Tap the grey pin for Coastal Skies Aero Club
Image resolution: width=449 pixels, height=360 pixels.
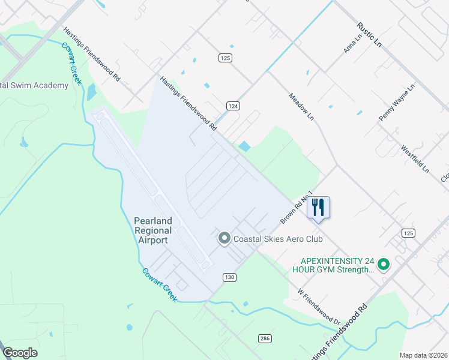[x=224, y=239]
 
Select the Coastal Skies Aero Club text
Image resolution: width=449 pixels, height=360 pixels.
[x=278, y=239]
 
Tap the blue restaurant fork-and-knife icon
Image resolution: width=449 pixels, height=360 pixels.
[x=319, y=208]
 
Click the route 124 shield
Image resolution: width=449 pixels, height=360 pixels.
[x=234, y=106]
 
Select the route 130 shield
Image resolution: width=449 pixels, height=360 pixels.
[x=229, y=277]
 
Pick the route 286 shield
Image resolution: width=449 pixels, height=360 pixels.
[x=265, y=338]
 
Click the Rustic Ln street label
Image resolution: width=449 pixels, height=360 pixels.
[x=369, y=35]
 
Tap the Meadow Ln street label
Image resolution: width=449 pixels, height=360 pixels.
[x=301, y=106]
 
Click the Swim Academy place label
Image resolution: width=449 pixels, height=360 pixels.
[x=34, y=85]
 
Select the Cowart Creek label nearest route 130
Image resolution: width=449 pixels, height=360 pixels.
[x=159, y=284]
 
